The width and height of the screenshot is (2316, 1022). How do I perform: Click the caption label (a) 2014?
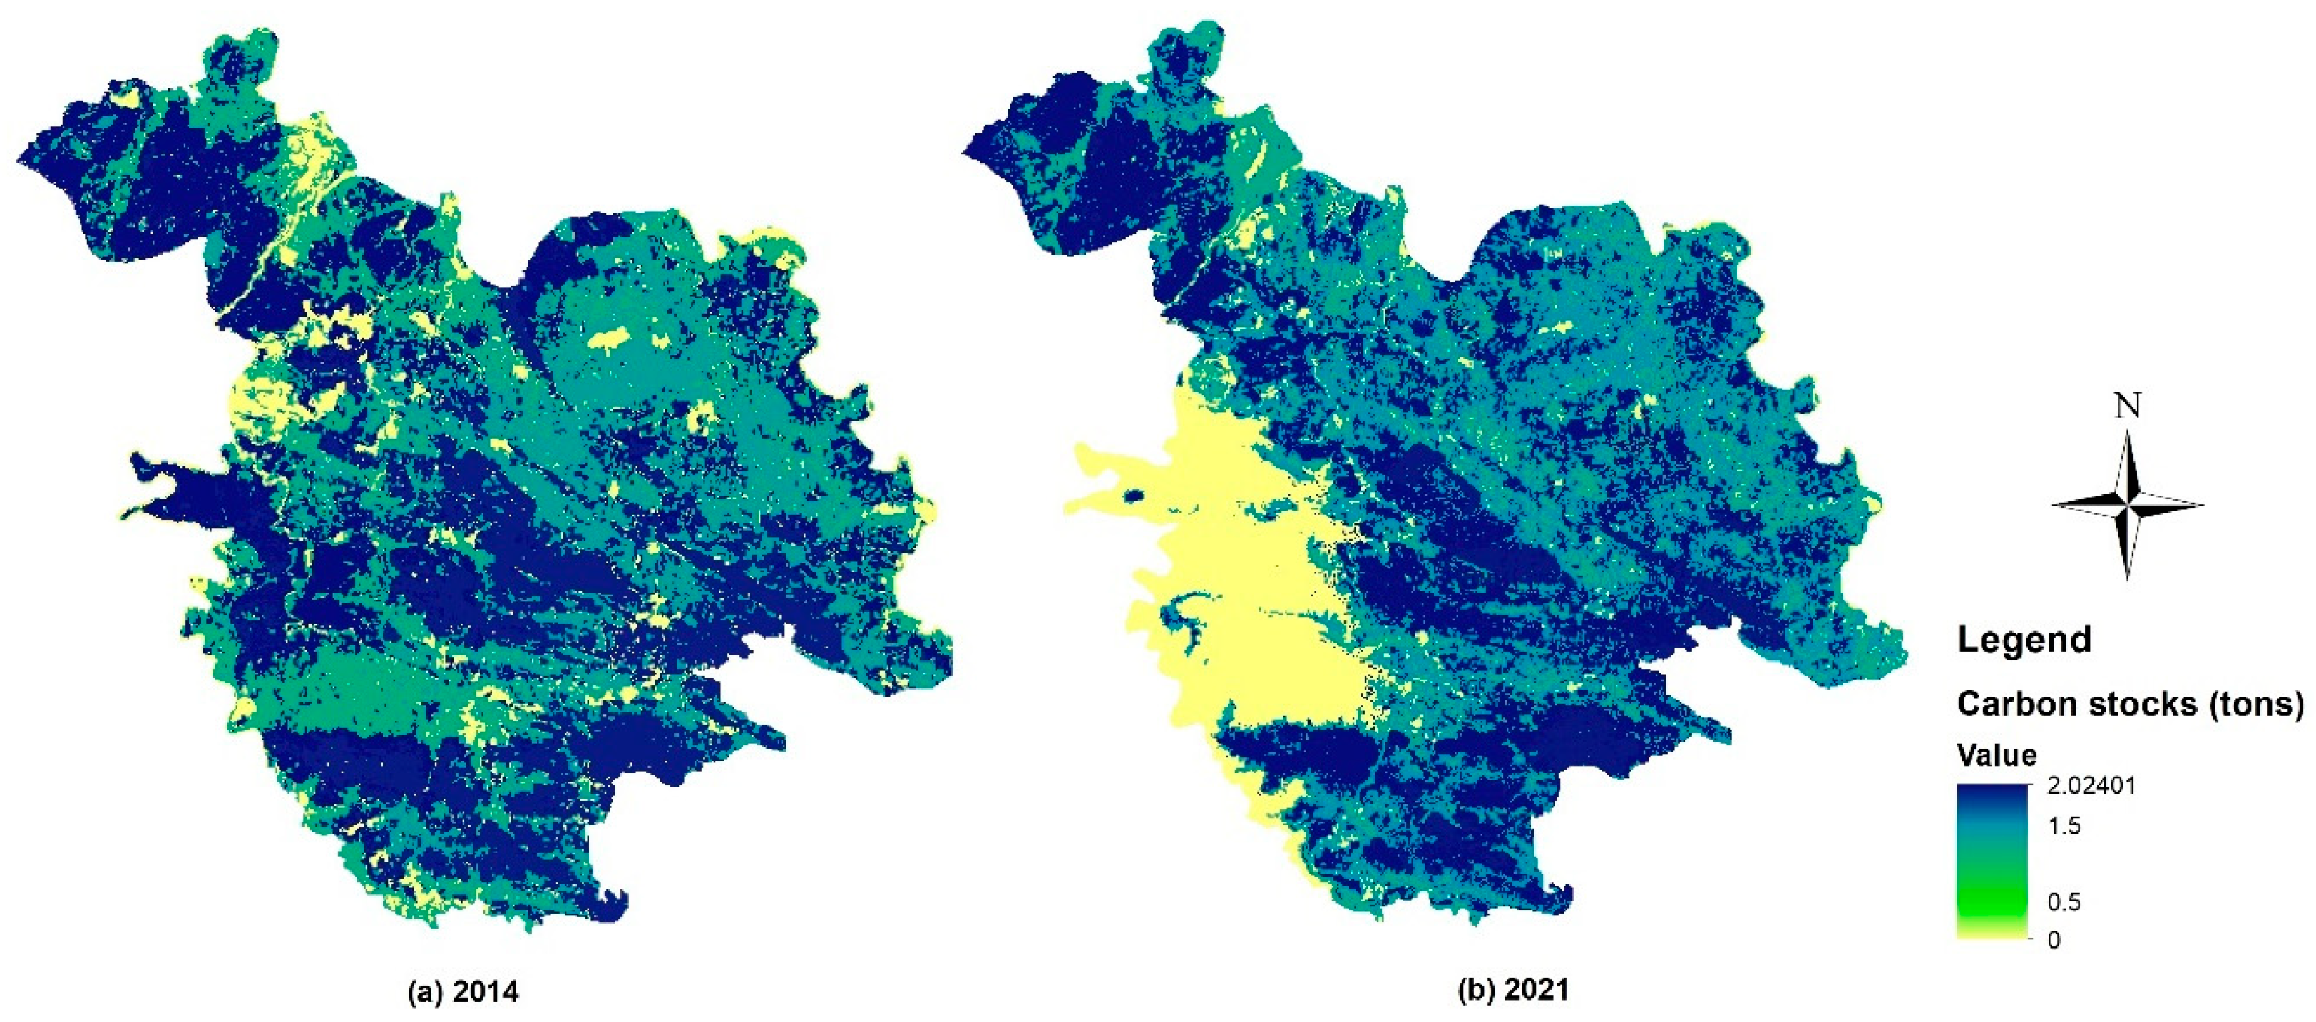pos(463,992)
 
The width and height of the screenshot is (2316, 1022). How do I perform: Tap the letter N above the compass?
pos(2127,407)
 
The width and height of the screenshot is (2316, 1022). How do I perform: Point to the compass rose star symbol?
pos(2127,504)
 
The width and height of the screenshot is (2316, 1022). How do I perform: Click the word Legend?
pos(2024,640)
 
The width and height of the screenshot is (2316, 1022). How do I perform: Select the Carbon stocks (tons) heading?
pos(2130,704)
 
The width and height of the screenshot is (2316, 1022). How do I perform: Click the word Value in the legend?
pos(1996,754)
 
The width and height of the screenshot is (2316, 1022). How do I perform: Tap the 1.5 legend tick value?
pos(2064,825)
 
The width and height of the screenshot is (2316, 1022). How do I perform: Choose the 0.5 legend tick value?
pos(2064,901)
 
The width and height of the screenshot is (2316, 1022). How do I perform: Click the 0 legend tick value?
pos(2054,940)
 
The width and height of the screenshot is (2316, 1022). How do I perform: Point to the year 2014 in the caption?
pos(486,992)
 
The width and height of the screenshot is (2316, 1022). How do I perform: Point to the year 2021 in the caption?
pos(1537,990)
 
